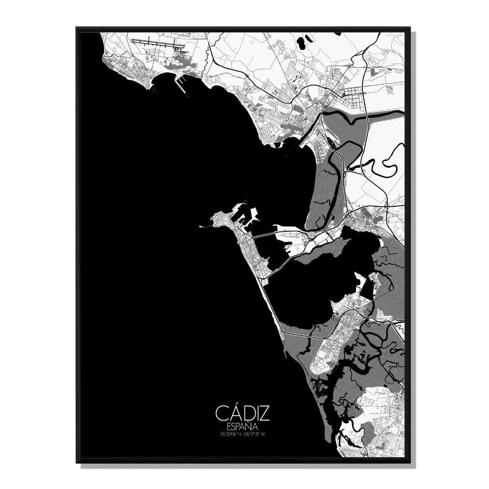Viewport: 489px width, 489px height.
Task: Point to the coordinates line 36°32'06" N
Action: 231,433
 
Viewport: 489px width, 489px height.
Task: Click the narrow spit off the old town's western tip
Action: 205,226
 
